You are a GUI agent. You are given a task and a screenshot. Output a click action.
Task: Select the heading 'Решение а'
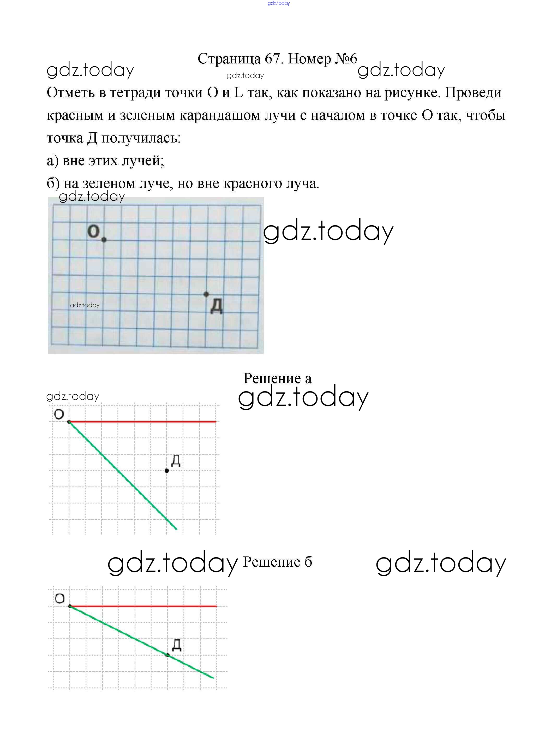click(x=277, y=378)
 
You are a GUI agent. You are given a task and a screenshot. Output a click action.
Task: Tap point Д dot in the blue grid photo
click(x=206, y=294)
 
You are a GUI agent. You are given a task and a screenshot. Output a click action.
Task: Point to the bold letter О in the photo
click(x=93, y=231)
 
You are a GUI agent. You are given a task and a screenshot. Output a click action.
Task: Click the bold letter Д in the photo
click(x=217, y=306)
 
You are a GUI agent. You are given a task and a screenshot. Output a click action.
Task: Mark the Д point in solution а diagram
click(x=167, y=471)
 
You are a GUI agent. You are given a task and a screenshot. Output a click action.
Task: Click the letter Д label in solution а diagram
click(x=176, y=461)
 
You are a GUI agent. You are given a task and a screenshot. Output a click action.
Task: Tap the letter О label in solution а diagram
click(x=59, y=414)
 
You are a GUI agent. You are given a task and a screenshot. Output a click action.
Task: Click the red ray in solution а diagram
click(x=143, y=422)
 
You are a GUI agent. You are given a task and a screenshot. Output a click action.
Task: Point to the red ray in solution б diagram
click(x=143, y=606)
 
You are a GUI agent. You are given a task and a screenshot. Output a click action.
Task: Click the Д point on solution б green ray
click(x=167, y=655)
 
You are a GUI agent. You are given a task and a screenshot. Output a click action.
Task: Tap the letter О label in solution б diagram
click(x=59, y=599)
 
